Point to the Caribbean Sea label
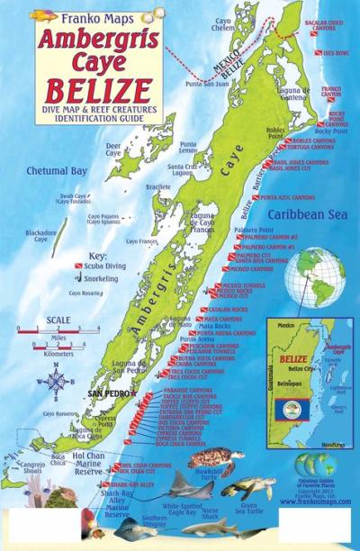tap(308, 215)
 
